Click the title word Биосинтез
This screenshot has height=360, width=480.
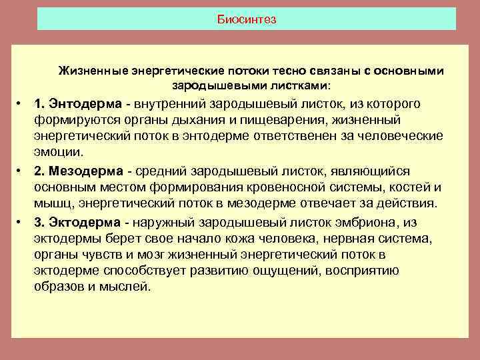click(247, 19)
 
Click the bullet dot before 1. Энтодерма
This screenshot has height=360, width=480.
click(22, 105)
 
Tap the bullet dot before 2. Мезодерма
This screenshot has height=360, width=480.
click(22, 171)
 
